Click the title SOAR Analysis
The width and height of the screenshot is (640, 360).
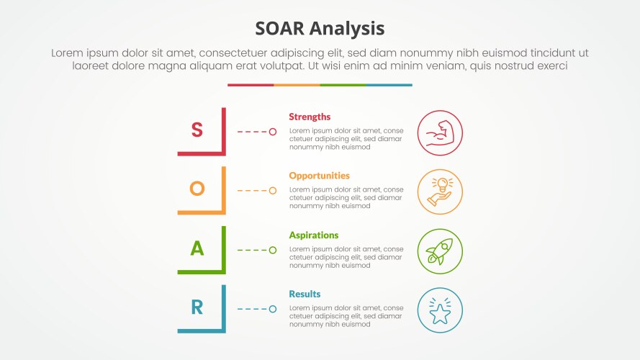click(x=320, y=28)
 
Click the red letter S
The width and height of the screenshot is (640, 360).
click(x=197, y=130)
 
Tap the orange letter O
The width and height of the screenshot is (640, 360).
click(x=197, y=189)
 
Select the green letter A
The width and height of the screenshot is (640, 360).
click(x=197, y=248)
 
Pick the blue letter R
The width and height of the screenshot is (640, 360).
click(x=197, y=307)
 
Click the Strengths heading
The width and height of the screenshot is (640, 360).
click(x=310, y=117)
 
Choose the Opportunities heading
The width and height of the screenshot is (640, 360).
click(x=319, y=176)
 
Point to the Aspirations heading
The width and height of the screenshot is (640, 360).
click(x=313, y=235)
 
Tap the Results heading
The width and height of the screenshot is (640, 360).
click(x=305, y=294)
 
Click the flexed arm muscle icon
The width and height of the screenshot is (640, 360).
click(x=440, y=132)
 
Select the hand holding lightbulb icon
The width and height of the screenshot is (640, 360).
click(x=440, y=192)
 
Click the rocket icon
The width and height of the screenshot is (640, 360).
click(x=440, y=251)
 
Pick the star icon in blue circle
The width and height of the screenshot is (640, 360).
click(x=440, y=310)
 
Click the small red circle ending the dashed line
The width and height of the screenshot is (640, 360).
click(x=273, y=132)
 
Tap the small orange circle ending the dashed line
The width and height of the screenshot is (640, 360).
click(x=273, y=191)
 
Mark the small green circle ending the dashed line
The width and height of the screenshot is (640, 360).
click(x=273, y=250)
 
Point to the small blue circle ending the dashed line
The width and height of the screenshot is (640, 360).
click(x=273, y=309)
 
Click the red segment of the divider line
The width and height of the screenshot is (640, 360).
click(x=251, y=85)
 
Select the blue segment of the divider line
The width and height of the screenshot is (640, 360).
click(x=389, y=85)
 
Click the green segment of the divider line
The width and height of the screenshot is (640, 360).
click(x=343, y=85)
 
